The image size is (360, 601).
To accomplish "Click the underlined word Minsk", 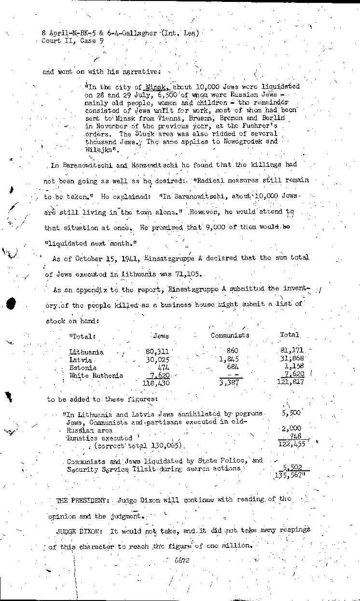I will pos(155,87).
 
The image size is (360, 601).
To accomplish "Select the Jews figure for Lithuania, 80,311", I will pos(157,352).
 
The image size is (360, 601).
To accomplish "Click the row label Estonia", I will pos(83,368).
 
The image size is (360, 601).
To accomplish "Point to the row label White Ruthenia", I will pos(96,375).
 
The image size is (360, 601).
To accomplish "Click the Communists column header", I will pos(230,335).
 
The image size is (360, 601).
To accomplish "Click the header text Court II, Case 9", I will pos(72,41).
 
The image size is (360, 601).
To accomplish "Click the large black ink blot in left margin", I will pos(11,303).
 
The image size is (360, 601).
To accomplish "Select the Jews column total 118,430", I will pos(156,383).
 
